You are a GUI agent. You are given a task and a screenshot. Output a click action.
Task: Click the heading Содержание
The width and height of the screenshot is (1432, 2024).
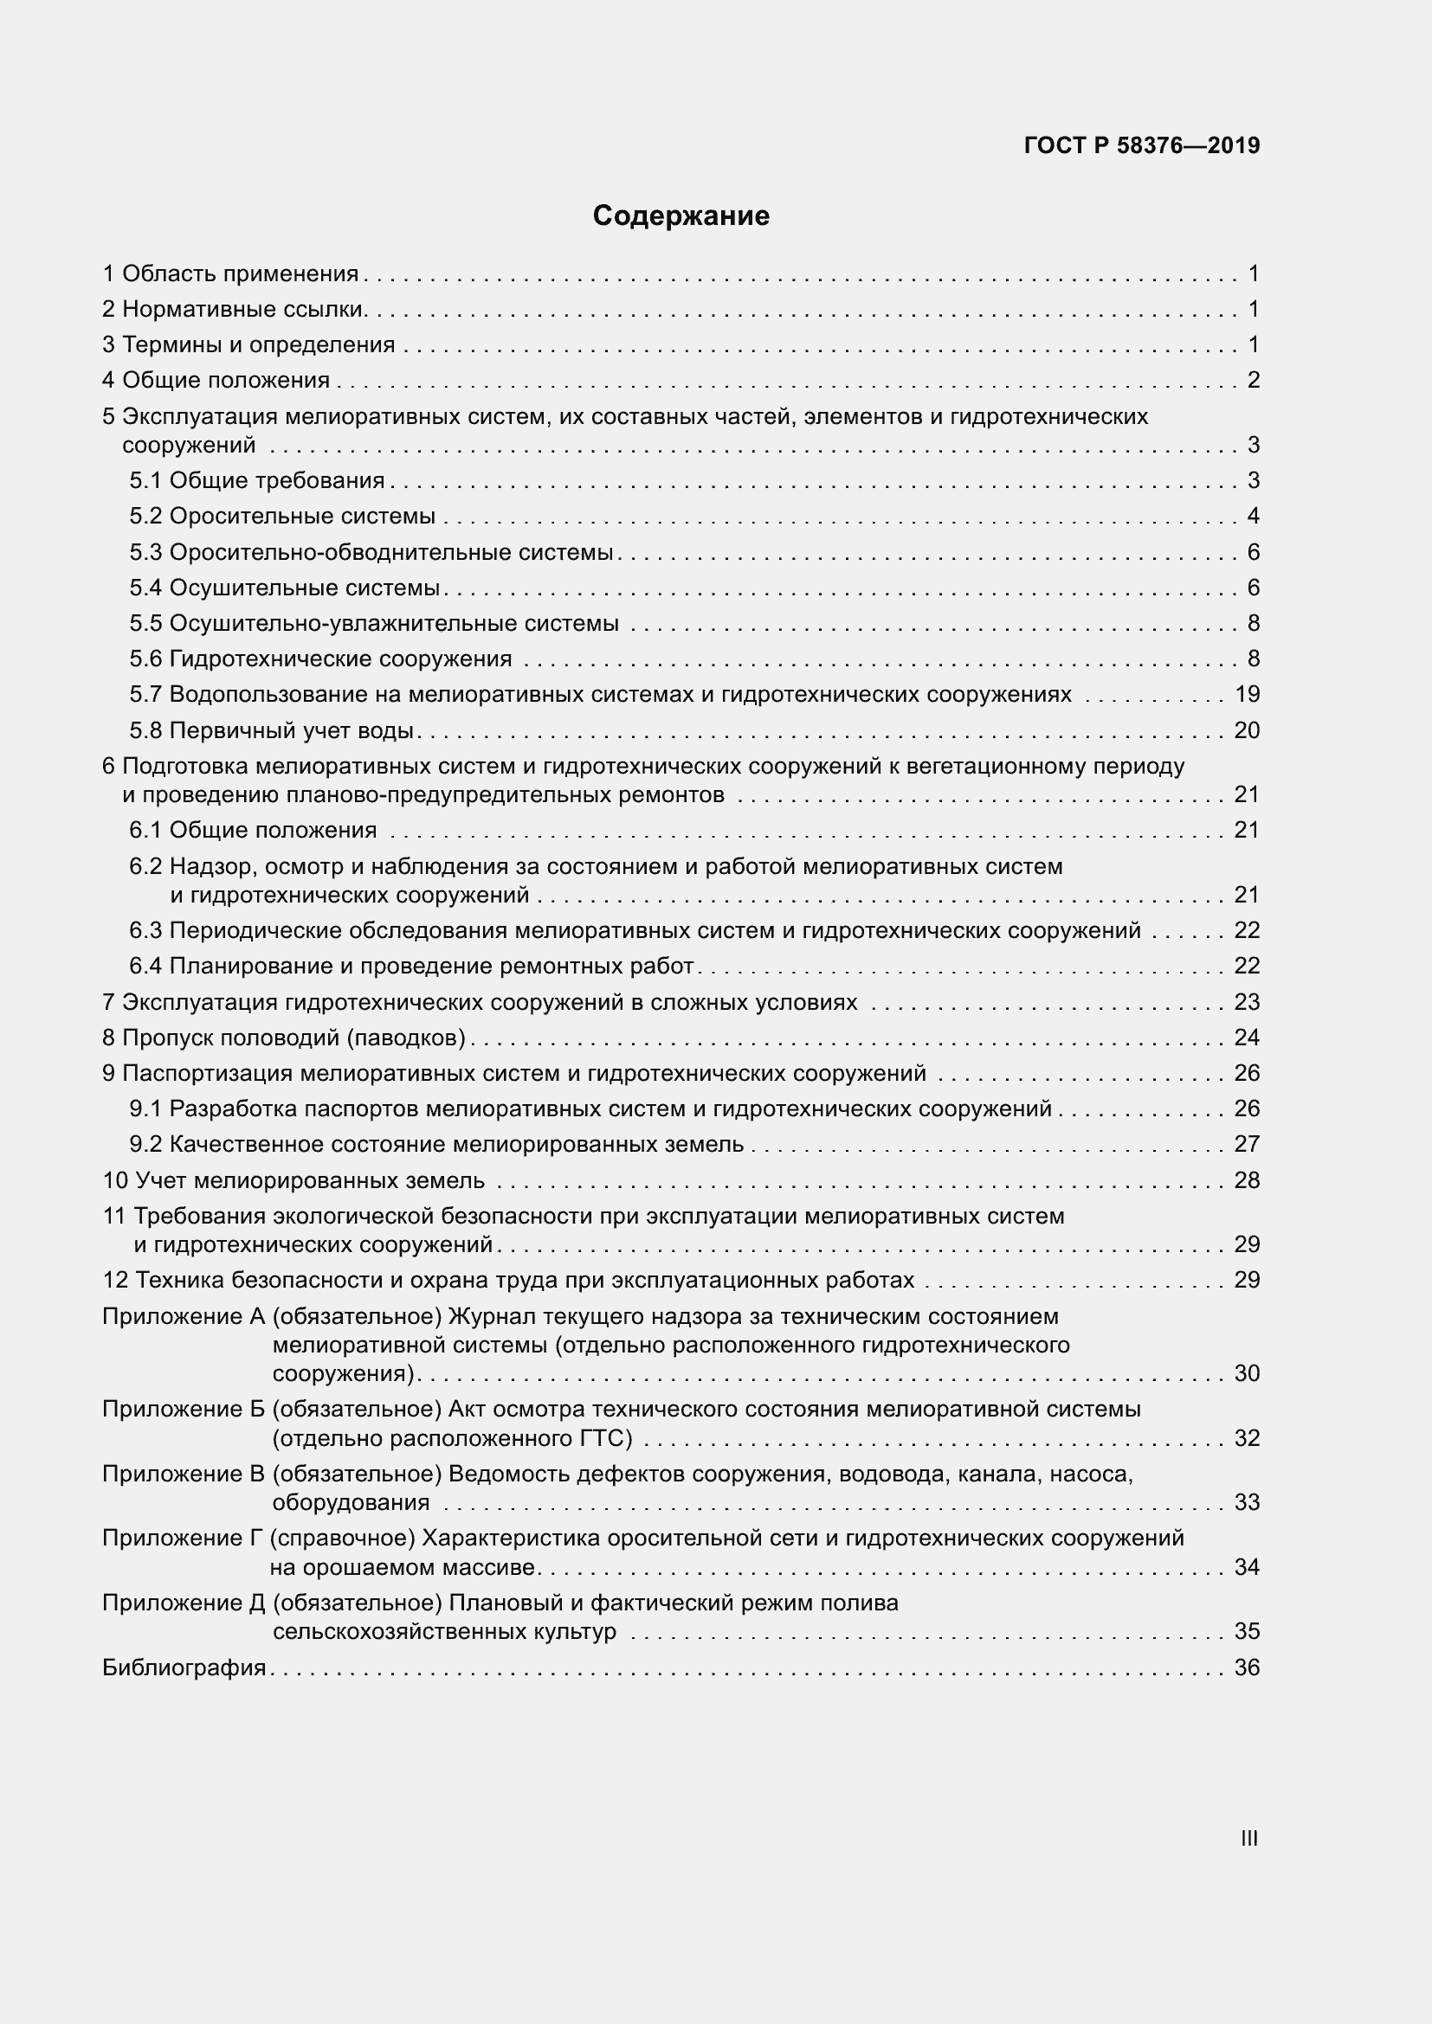click(x=681, y=216)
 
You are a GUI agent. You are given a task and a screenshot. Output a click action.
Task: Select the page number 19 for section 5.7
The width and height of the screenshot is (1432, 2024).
click(x=1247, y=695)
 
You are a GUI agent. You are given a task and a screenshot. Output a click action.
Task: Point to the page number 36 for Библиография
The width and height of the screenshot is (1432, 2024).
click(x=1247, y=1667)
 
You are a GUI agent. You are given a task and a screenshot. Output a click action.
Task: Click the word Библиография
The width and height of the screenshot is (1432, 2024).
click(x=184, y=1667)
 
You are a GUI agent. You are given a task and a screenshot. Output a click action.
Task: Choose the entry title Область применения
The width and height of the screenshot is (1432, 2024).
click(x=240, y=274)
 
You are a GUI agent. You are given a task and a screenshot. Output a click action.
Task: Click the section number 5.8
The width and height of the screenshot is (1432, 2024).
click(x=145, y=731)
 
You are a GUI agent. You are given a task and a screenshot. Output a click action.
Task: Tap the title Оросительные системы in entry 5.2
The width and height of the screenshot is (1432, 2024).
click(x=302, y=517)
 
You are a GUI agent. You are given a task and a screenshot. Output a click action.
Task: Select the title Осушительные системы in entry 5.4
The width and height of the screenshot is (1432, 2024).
click(x=304, y=588)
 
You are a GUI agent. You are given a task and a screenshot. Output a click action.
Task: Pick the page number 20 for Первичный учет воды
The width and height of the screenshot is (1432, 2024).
click(x=1247, y=731)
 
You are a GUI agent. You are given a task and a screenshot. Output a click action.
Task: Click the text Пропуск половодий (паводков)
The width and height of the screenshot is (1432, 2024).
click(x=293, y=1038)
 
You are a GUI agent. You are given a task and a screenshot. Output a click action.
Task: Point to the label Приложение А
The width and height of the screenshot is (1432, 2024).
click(x=184, y=1316)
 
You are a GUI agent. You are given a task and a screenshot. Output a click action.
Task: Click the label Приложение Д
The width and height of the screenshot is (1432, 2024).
click(x=184, y=1603)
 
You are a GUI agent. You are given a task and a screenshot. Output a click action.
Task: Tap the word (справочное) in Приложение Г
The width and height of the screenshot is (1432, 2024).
click(x=343, y=1539)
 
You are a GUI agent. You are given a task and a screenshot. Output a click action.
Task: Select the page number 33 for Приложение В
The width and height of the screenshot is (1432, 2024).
click(x=1247, y=1502)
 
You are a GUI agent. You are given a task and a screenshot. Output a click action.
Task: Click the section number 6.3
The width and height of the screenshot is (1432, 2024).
click(x=145, y=931)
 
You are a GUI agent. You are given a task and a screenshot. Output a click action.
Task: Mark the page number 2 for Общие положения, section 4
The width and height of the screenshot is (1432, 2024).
click(x=1253, y=381)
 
